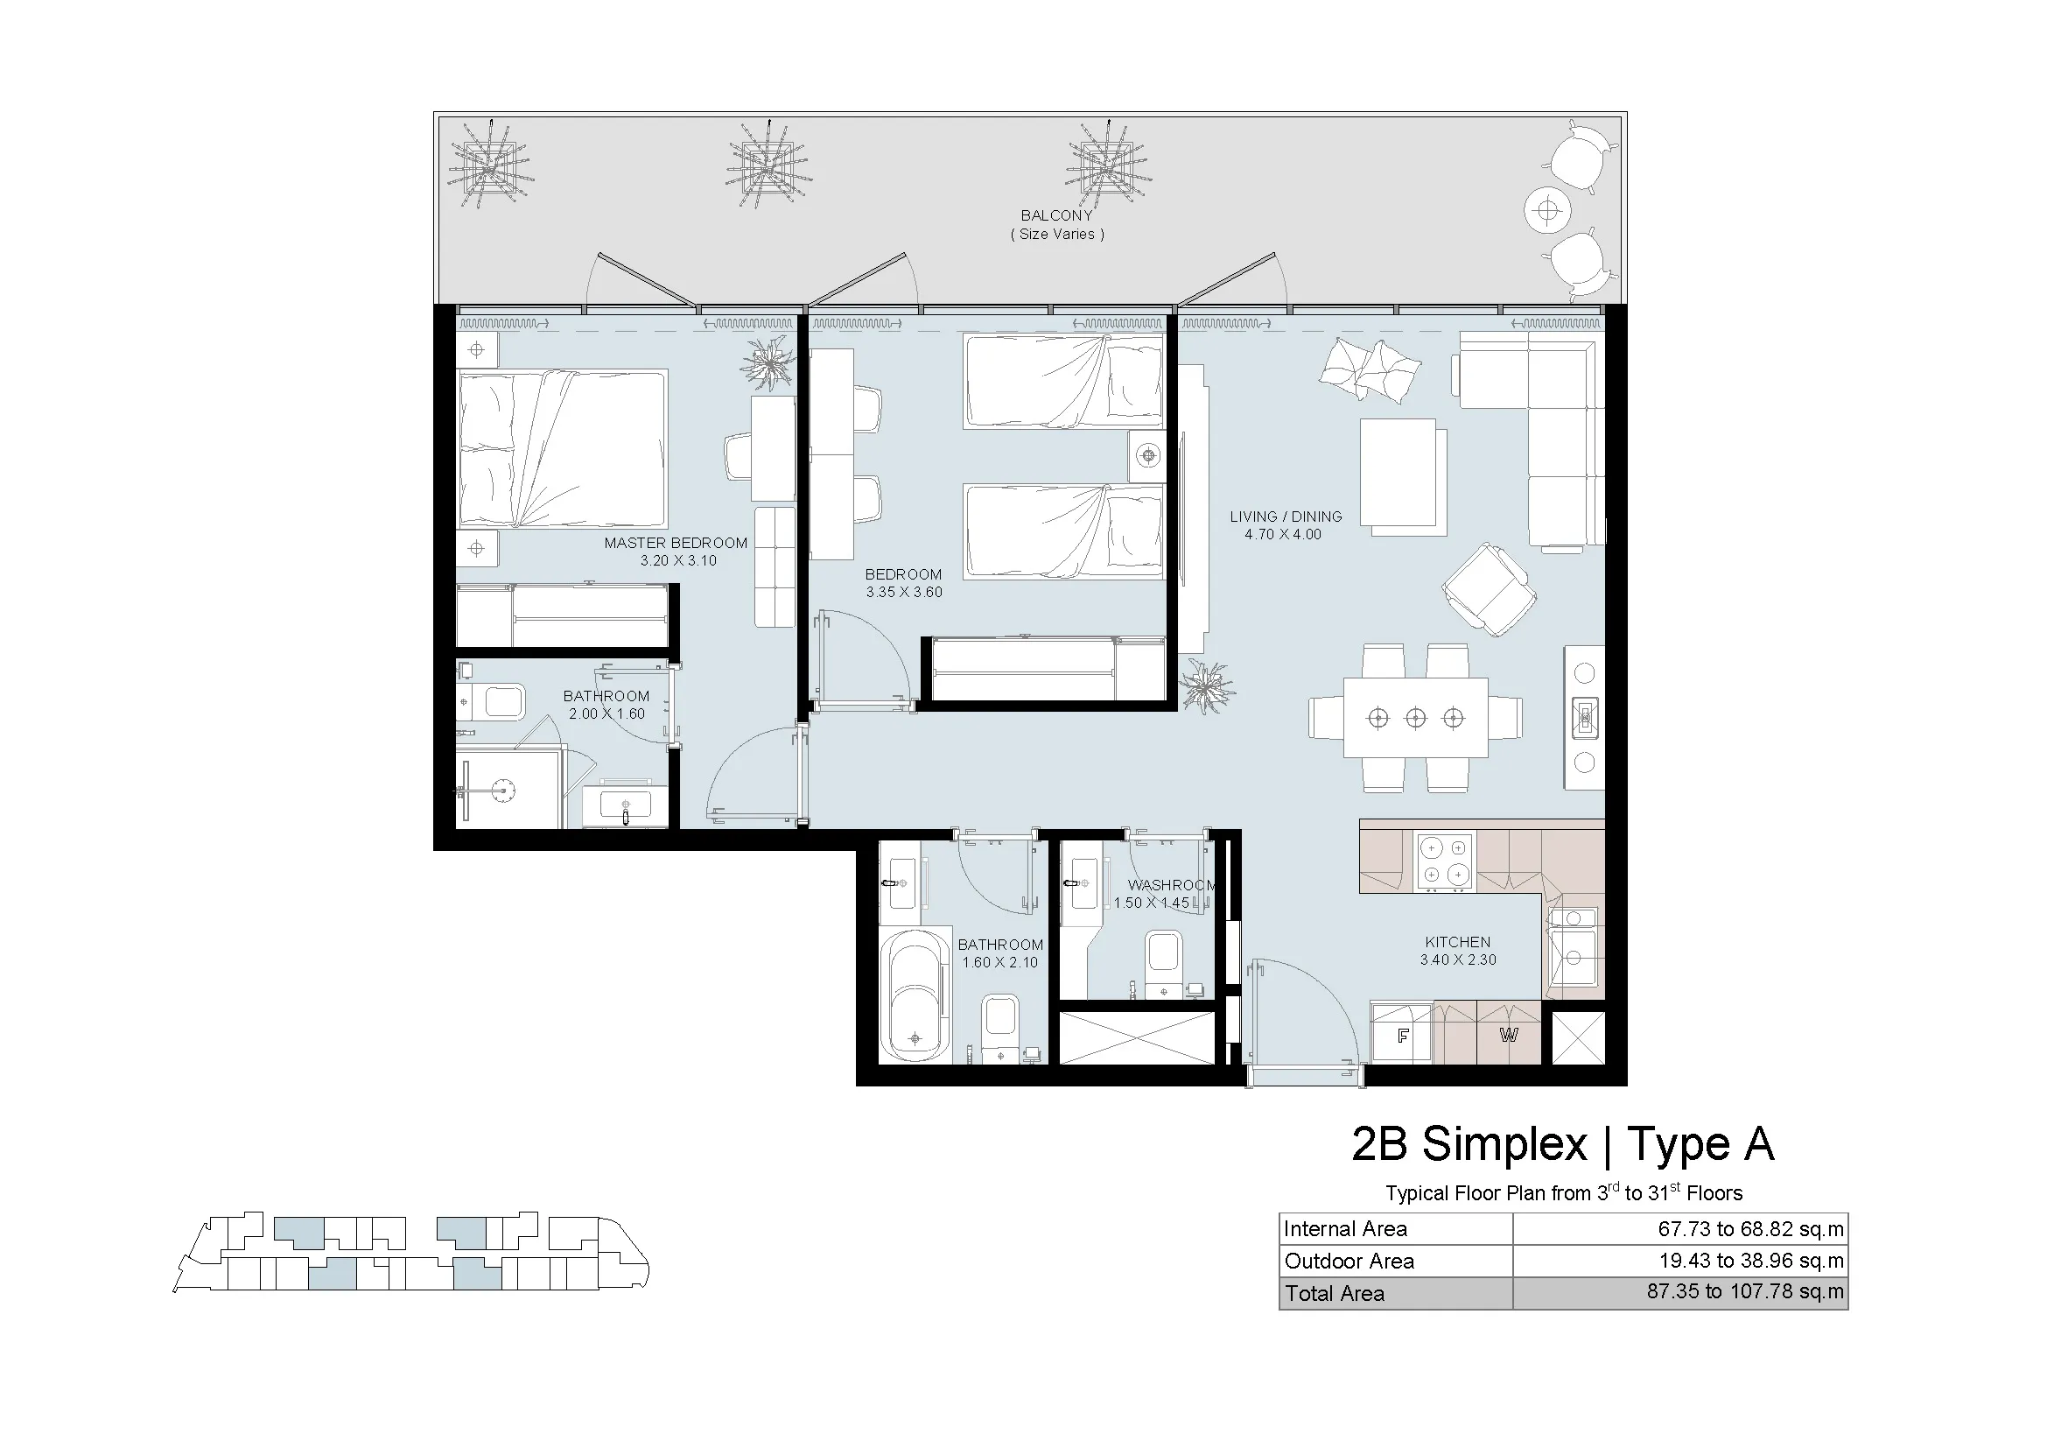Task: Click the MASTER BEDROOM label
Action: [675, 543]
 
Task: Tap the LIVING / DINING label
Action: [1286, 517]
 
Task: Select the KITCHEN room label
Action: [1458, 942]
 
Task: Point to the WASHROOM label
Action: [1172, 885]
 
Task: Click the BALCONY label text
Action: [1056, 215]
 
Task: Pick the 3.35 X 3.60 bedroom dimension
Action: [903, 592]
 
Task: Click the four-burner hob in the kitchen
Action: [1444, 861]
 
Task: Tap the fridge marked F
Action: [1401, 1034]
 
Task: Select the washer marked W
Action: [1509, 1034]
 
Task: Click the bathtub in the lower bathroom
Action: [915, 997]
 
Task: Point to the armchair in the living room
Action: [1488, 589]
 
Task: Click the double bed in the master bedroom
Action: [562, 450]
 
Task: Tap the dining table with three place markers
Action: [1416, 718]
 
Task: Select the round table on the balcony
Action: [1548, 211]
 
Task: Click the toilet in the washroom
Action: [1163, 963]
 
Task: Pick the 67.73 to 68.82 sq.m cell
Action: [1750, 1228]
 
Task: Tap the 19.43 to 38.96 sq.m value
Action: [1751, 1261]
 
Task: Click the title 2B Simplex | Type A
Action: [1563, 1144]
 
